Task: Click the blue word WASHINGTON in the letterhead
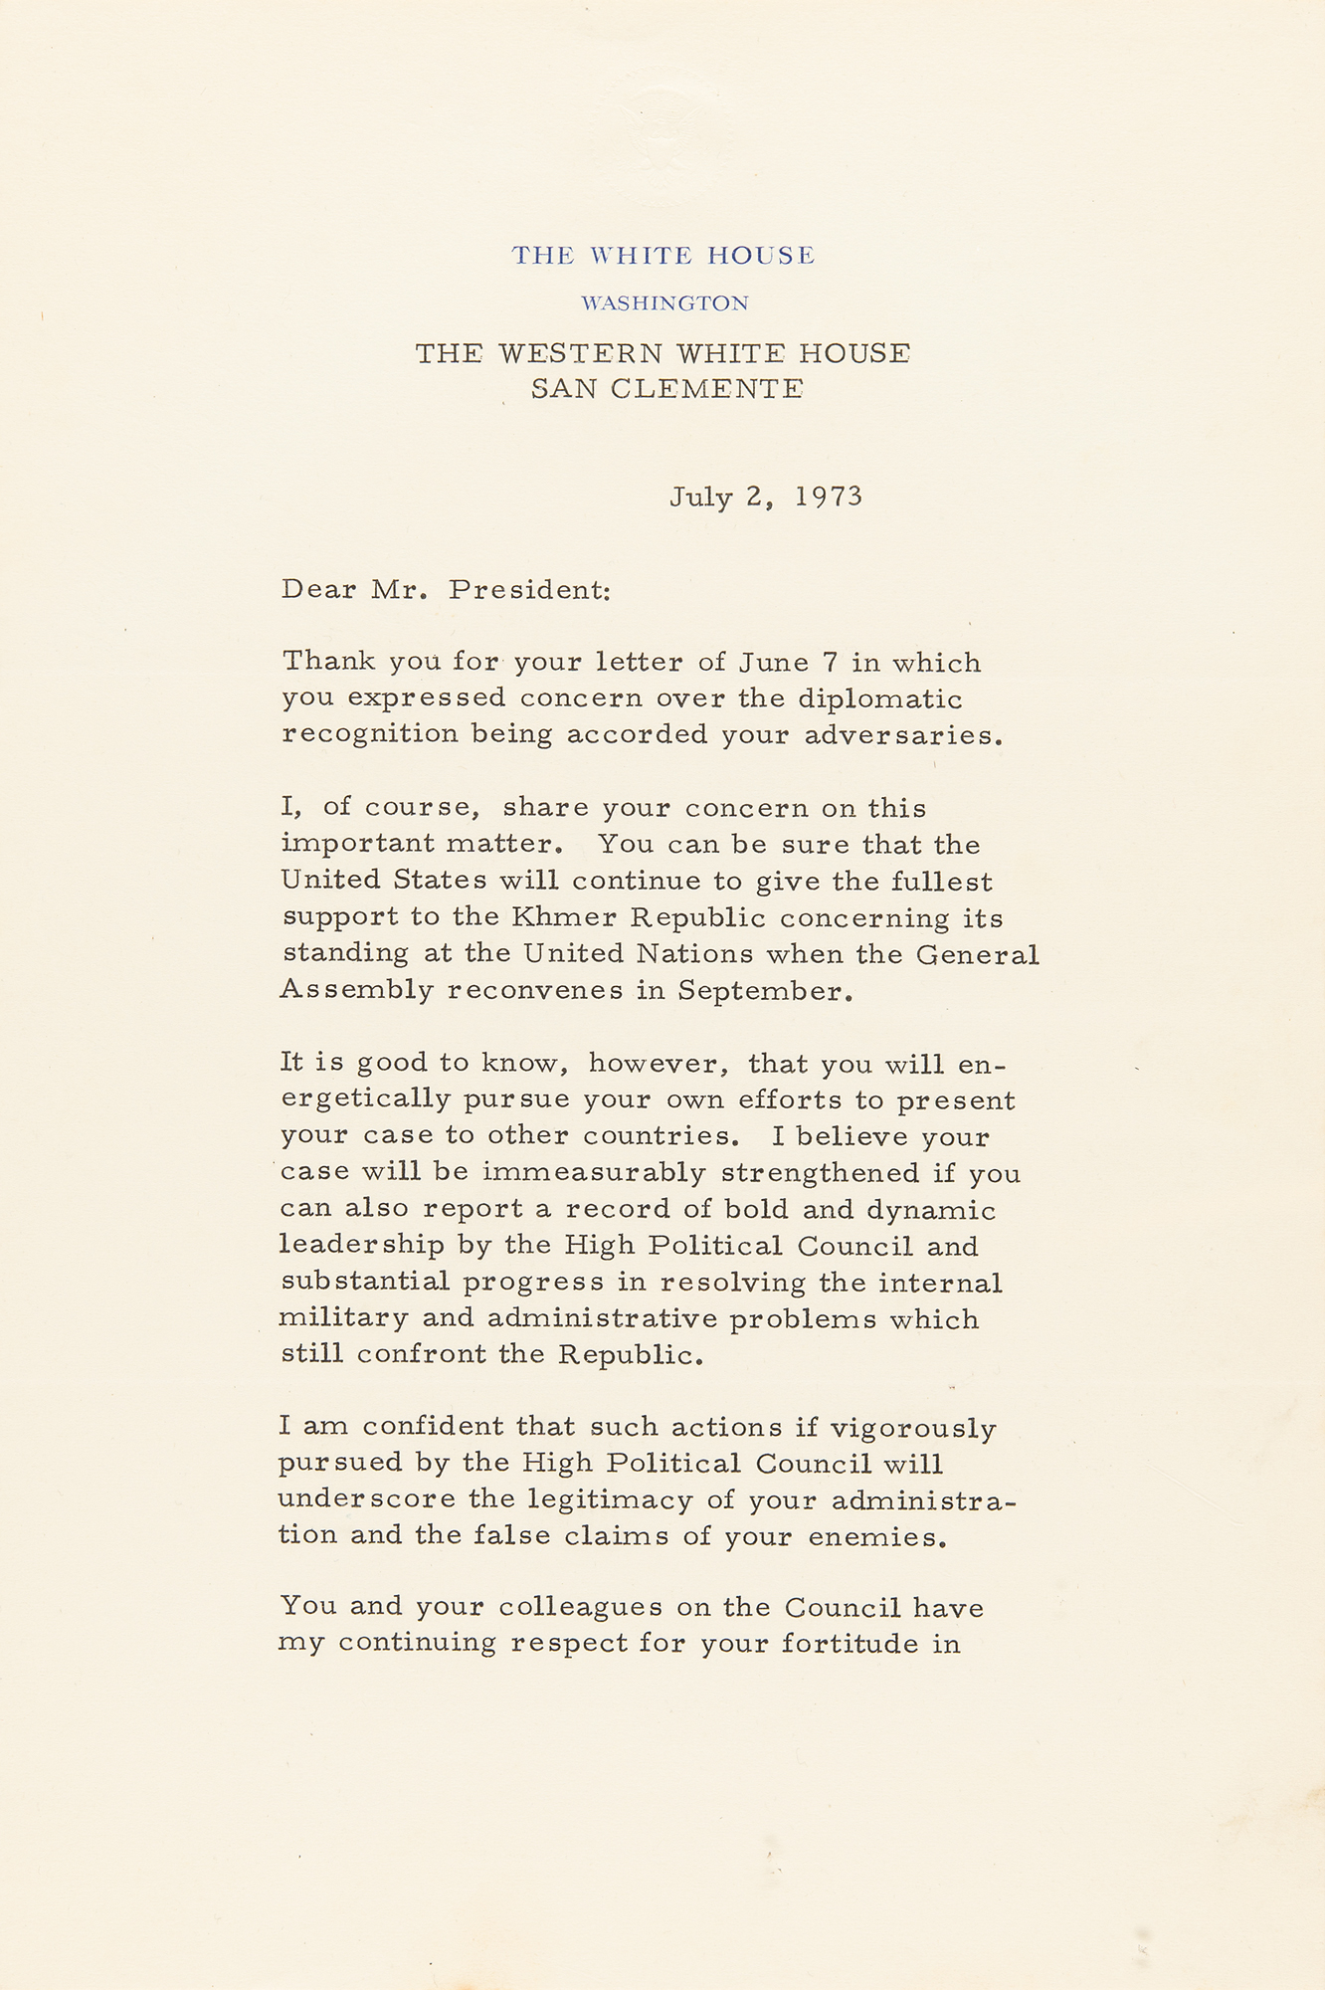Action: [664, 303]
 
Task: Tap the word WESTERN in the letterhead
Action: [580, 354]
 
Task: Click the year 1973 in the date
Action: [829, 497]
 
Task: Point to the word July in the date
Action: [701, 497]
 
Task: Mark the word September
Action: [765, 991]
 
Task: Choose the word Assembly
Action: [357, 991]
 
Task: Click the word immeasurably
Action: [594, 1172]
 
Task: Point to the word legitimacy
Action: [611, 1499]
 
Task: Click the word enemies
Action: [875, 1537]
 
